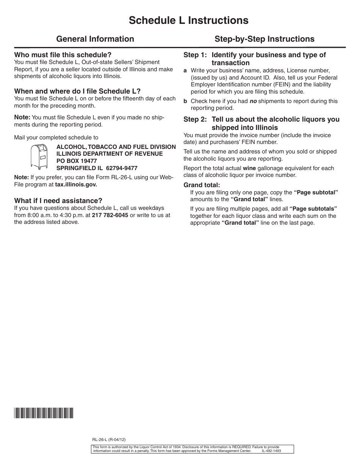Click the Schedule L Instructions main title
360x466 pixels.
(188, 20)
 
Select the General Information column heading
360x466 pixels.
(95, 39)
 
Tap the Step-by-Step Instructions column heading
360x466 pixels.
(265, 39)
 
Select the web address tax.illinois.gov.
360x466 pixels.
(76, 185)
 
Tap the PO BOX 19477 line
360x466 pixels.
(77, 161)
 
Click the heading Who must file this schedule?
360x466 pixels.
(63, 55)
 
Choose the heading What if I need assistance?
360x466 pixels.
(58, 201)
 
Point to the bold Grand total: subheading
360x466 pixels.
(202, 185)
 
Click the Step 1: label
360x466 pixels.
(196, 55)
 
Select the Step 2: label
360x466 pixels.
(196, 120)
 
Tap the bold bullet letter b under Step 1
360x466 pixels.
(185, 101)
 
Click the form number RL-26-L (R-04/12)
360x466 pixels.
(109, 440)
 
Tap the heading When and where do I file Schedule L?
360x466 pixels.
(77, 91)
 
